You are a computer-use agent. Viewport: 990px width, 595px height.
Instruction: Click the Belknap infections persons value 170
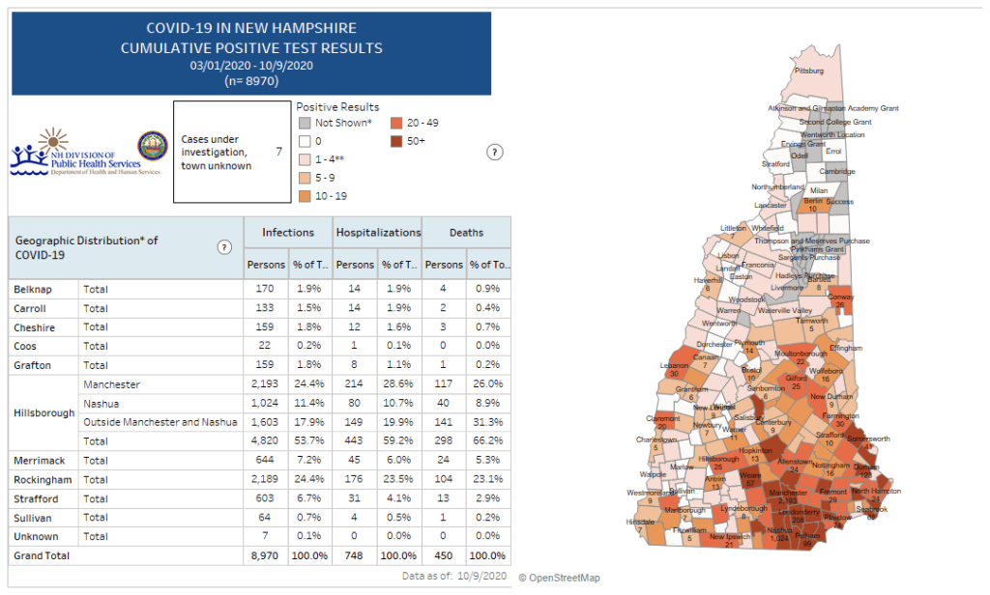tap(262, 289)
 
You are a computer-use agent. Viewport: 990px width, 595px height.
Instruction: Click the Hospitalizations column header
tap(378, 233)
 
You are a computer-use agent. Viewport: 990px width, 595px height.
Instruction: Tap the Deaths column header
tap(466, 233)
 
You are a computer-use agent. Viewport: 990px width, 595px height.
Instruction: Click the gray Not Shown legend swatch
tap(304, 123)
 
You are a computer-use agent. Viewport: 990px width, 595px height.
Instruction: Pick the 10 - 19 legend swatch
tap(304, 196)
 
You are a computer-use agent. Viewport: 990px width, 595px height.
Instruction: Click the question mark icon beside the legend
tap(494, 152)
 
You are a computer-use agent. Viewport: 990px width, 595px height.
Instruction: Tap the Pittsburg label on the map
tap(808, 71)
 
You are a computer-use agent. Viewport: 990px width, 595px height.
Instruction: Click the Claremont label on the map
tap(663, 418)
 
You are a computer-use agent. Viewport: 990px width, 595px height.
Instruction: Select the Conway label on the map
tap(841, 297)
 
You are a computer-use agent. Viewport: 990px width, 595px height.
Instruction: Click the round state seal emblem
tap(152, 146)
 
